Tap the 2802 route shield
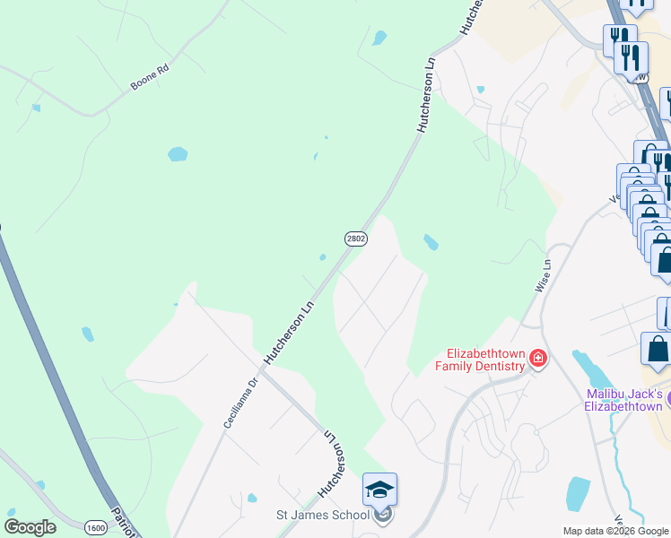click(355, 238)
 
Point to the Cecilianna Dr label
click(240, 401)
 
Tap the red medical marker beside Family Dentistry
click(538, 360)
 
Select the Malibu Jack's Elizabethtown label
click(624, 400)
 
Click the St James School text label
click(322, 515)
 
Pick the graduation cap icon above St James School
click(379, 490)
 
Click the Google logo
click(30, 526)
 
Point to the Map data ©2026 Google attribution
click(615, 531)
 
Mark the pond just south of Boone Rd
click(178, 153)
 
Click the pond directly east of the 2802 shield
click(431, 242)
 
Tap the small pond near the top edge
click(379, 38)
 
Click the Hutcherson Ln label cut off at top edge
click(473, 16)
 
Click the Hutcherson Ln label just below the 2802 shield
click(291, 332)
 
